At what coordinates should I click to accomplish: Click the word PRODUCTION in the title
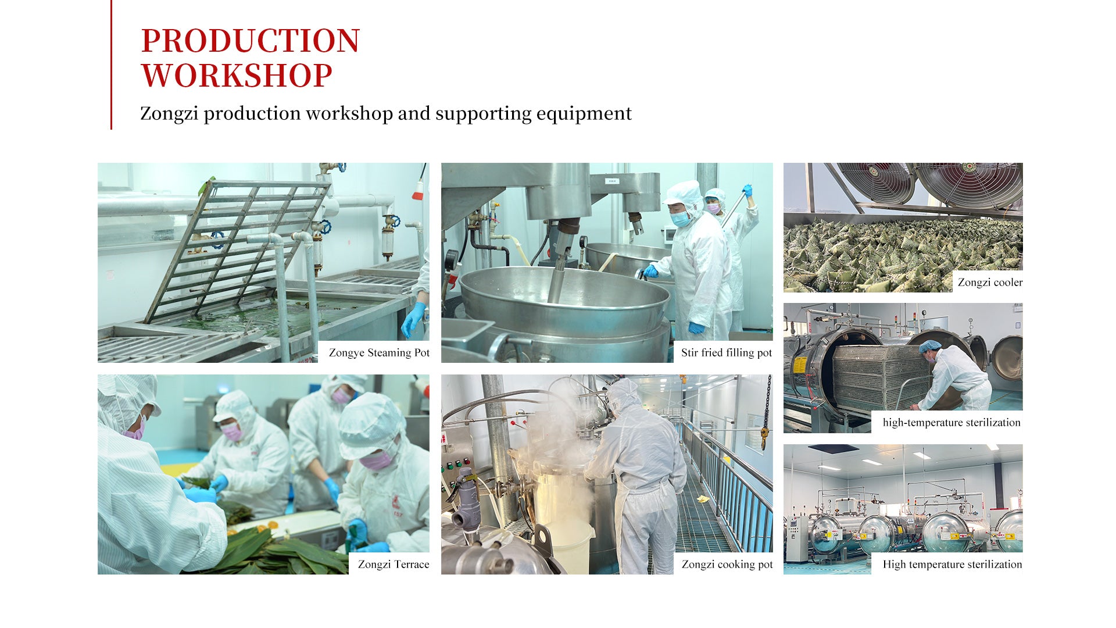point(251,41)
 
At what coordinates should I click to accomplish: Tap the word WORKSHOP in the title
point(237,76)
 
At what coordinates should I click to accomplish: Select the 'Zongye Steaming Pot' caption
point(379,352)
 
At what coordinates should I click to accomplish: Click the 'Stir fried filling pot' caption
point(727,352)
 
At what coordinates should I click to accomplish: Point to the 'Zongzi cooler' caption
point(990,283)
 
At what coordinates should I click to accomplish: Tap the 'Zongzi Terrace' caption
point(394,564)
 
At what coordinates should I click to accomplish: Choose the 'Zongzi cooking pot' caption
point(727,564)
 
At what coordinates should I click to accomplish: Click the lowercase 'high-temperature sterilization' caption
point(952,423)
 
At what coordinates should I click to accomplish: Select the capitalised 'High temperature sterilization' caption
point(952,564)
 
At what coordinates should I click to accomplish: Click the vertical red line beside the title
point(111,65)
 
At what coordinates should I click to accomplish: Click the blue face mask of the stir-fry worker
point(681,219)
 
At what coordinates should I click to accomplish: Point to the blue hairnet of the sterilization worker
point(930,347)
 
